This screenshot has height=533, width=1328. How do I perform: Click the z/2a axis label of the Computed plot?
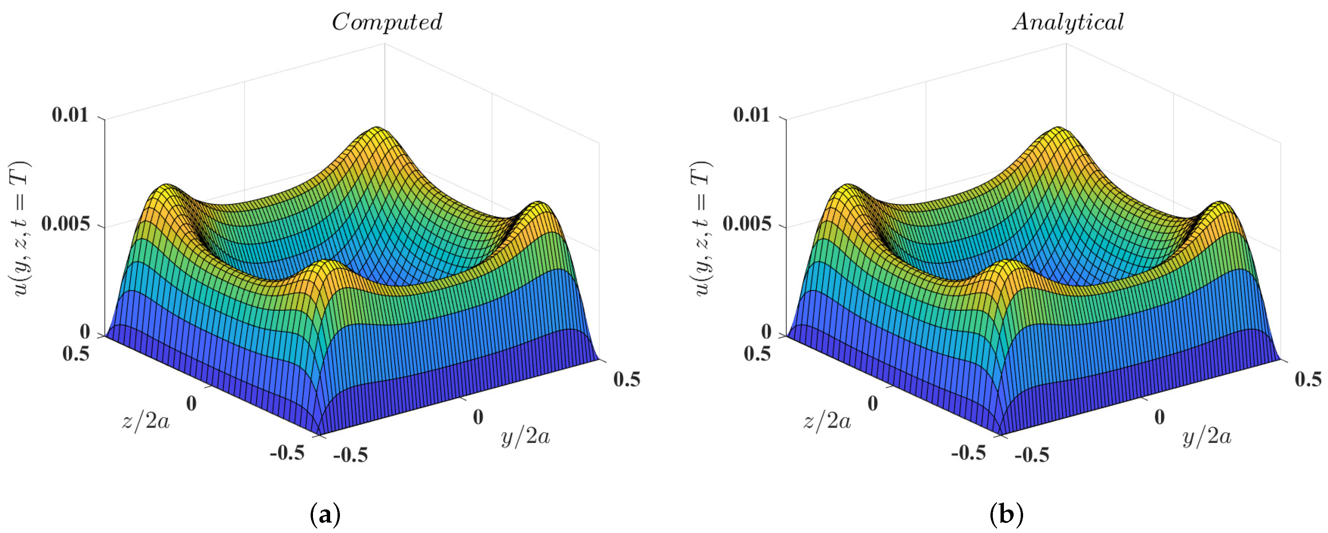tap(145, 421)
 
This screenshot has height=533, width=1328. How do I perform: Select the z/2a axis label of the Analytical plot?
tap(827, 421)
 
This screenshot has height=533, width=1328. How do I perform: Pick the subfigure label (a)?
tap(325, 514)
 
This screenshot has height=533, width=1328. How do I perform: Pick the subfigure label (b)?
tap(1007, 514)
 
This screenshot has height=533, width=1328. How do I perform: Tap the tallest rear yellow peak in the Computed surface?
tap(378, 129)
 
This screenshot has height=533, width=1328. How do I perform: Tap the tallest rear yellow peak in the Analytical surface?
tap(1059, 129)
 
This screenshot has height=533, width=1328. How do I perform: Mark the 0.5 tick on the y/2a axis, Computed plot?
tap(626, 379)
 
